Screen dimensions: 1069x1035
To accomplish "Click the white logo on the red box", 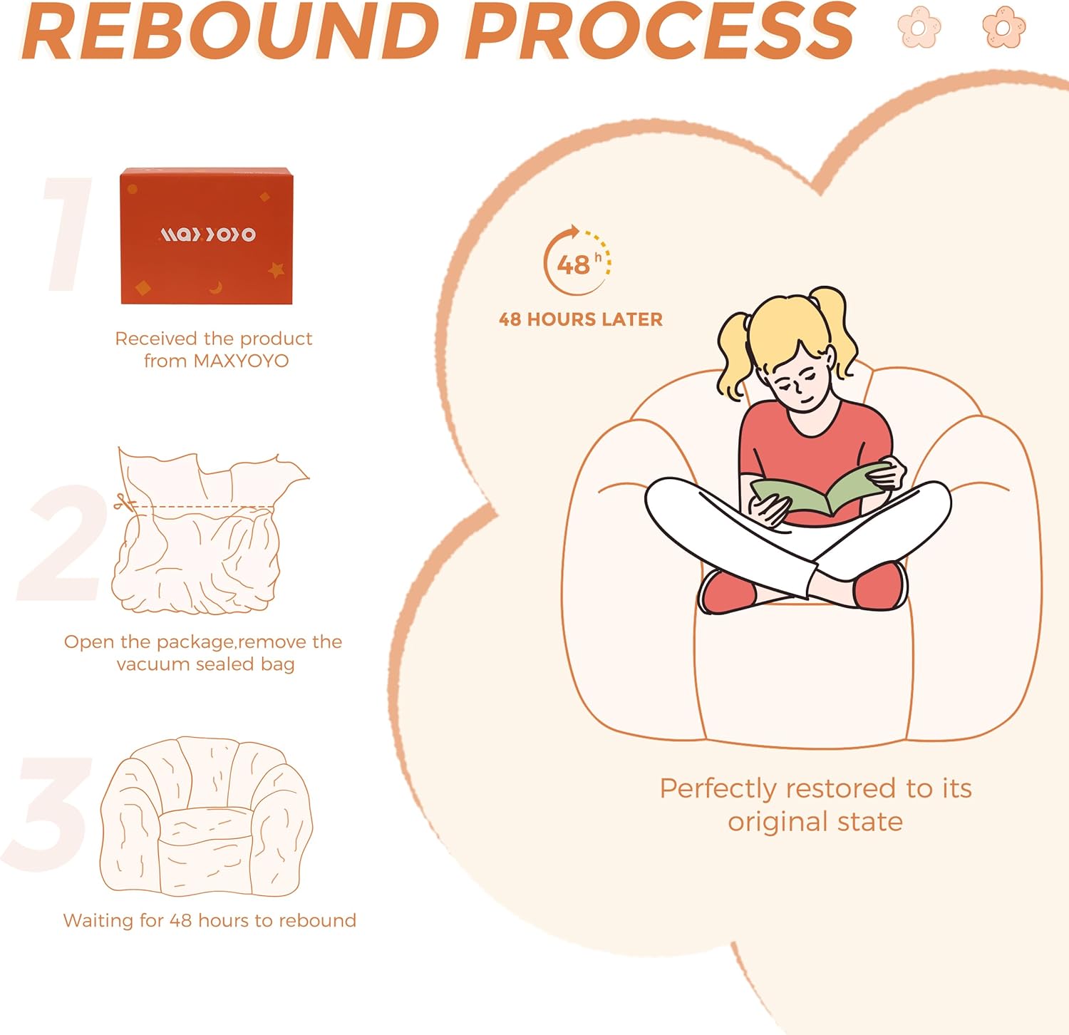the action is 207,234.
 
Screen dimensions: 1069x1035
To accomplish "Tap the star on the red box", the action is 276,270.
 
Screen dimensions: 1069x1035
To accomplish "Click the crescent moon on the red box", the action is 216,287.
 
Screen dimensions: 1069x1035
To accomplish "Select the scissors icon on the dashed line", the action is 124,503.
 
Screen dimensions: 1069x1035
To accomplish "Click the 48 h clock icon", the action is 577,261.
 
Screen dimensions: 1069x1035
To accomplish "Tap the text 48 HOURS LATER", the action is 581,319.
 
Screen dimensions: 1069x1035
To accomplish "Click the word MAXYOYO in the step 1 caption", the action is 241,361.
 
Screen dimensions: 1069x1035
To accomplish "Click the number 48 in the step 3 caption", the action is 180,920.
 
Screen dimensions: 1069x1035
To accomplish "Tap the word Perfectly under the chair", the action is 718,790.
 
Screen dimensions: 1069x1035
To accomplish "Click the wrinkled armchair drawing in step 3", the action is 207,817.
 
